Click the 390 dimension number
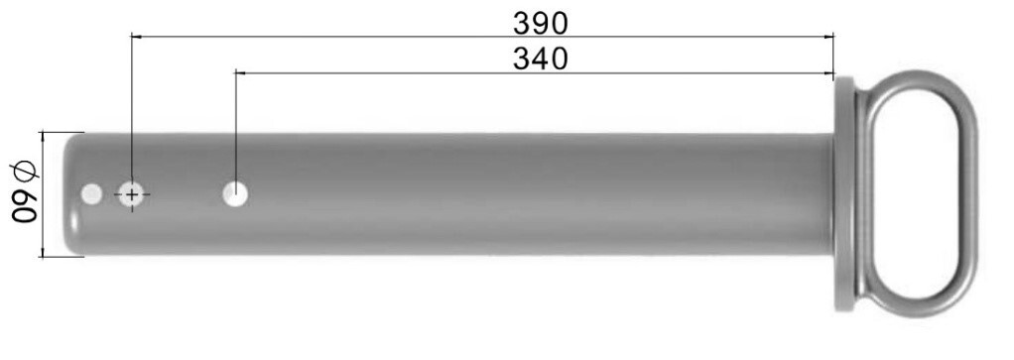tap(541, 23)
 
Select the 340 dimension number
tap(541, 59)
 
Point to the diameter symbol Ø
tap(25, 173)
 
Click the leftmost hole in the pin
tap(92, 194)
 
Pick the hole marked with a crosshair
tap(131, 194)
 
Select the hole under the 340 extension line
tap(235, 194)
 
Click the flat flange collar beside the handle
tap(844, 194)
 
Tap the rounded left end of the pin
tap(72, 194)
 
